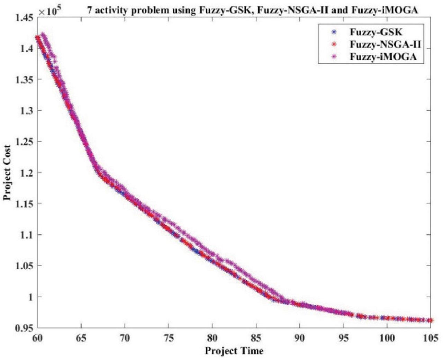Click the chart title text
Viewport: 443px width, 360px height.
coord(252,11)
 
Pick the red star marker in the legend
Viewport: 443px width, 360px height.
coord(334,45)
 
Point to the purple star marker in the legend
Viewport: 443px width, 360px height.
coord(334,57)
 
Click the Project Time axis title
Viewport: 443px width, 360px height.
coord(234,351)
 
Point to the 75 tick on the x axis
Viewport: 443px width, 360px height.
coord(168,337)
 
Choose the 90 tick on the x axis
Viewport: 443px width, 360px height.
coord(299,337)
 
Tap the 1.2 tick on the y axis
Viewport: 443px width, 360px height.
coord(26,172)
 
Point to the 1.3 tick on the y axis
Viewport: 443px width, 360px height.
coord(26,110)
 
